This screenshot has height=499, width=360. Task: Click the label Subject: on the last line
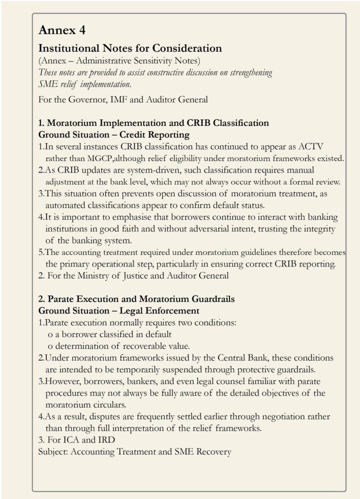pyautogui.click(x=53, y=452)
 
